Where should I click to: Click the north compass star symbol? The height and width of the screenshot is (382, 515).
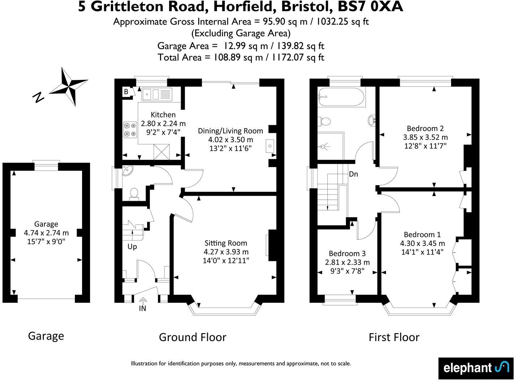tap(69, 86)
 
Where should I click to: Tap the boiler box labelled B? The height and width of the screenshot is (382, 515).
tap(126, 92)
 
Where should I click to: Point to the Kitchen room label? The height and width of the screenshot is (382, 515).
tap(163, 115)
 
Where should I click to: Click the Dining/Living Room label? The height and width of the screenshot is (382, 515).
tap(230, 131)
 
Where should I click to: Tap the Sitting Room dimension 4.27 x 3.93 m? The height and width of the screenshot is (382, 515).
tap(226, 252)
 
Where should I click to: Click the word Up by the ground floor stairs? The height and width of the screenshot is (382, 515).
tap(132, 247)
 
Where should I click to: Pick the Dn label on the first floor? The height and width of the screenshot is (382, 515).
tap(353, 174)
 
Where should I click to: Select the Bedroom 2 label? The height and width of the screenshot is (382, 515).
tap(425, 128)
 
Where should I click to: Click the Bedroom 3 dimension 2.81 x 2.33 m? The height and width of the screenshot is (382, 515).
tap(347, 262)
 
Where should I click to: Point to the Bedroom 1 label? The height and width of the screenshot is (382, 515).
tap(422, 234)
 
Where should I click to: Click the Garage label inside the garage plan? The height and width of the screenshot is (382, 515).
tap(46, 224)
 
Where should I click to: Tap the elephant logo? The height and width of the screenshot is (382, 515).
tap(476, 368)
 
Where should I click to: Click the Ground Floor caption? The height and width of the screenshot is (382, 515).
tap(192, 337)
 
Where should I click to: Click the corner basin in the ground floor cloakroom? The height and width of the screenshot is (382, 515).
tap(128, 171)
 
